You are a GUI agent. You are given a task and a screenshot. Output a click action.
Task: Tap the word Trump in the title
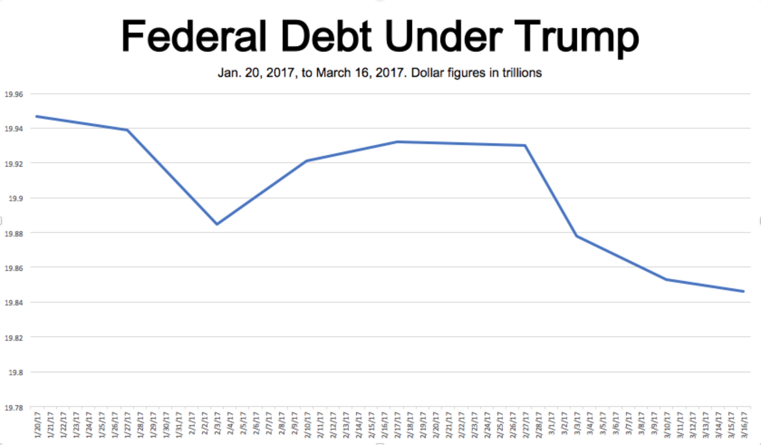point(576,37)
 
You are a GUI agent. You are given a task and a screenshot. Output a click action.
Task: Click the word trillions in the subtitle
point(522,72)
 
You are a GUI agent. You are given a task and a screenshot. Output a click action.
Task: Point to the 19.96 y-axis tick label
point(14,94)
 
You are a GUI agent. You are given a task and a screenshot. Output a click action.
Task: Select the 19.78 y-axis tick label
point(14,408)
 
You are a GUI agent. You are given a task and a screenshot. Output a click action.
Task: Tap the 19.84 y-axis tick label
point(14,303)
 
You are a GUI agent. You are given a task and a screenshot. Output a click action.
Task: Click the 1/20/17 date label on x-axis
point(37,424)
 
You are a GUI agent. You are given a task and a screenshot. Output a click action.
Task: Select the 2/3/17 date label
point(217,424)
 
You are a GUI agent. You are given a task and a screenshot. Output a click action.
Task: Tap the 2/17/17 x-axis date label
point(397,424)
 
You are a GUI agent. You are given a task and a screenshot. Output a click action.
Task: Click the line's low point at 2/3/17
point(217,224)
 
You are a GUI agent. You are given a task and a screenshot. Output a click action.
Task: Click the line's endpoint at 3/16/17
point(743,291)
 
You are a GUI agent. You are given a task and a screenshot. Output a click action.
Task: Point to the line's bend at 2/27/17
point(525,145)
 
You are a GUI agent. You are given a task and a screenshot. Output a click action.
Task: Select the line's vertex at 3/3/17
point(577,236)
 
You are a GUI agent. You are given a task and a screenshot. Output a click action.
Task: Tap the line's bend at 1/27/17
point(127,130)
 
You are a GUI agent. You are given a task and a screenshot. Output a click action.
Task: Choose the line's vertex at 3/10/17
point(667,280)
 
